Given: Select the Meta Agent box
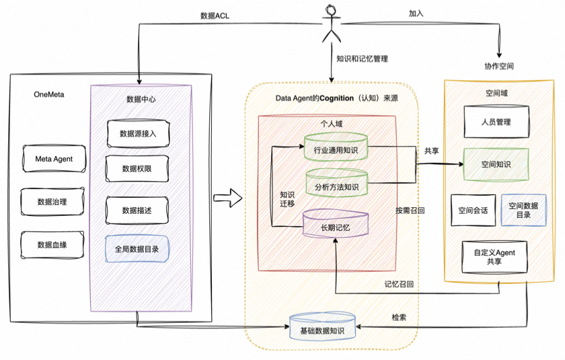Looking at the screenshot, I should [54, 159].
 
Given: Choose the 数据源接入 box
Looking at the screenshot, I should [139, 133].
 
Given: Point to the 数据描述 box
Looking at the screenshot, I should [138, 211].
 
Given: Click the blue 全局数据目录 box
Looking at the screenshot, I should [137, 248].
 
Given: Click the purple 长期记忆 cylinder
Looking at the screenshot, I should [337, 226].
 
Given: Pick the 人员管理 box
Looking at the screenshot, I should [496, 122].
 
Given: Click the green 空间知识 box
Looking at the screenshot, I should [496, 164].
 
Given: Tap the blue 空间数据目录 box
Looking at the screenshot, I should [523, 210].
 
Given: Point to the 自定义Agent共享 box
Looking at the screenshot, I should [496, 256].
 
